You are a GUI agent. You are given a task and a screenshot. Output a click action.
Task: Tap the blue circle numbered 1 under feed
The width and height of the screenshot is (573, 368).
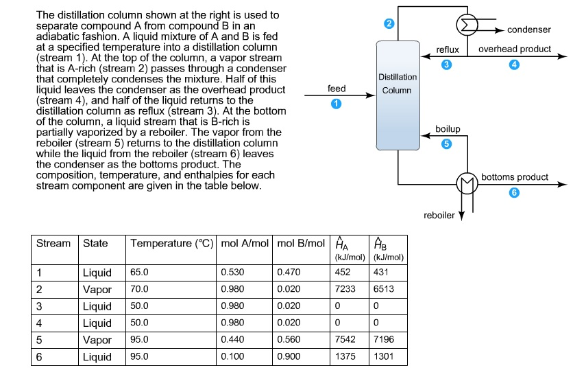(x=336, y=104)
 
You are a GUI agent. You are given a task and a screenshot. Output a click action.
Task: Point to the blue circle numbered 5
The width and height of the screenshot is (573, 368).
(x=447, y=143)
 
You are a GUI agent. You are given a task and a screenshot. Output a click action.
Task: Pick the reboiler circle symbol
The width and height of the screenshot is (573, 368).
(x=467, y=184)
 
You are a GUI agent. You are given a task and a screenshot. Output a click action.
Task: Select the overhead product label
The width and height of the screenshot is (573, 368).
(x=515, y=49)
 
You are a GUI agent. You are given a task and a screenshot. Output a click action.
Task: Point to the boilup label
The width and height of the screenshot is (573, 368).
(x=448, y=129)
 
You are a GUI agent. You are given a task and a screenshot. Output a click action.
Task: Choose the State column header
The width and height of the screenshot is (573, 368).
(x=95, y=244)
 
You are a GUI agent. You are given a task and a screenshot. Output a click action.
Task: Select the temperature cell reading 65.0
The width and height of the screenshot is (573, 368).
(x=139, y=273)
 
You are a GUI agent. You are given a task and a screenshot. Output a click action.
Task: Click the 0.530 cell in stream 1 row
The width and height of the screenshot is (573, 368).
(x=232, y=273)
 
